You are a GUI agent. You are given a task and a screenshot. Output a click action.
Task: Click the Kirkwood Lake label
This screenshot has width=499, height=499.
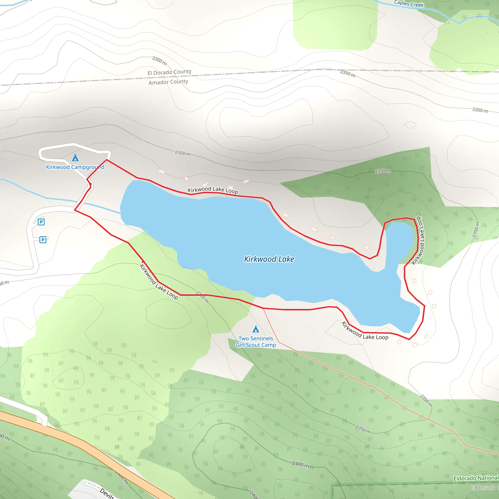269,259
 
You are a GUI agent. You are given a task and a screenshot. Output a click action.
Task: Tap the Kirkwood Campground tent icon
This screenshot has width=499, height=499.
75,158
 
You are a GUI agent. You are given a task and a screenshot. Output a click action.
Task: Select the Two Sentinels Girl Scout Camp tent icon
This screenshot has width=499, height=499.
256,329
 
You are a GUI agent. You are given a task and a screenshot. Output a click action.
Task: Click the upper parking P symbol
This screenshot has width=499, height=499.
41,222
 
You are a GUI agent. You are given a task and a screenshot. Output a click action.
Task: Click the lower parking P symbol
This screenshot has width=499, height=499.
43,240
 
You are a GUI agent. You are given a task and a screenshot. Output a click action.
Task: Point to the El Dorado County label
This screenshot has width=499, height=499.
169,72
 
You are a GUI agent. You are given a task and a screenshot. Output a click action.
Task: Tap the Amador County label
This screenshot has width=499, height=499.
168,82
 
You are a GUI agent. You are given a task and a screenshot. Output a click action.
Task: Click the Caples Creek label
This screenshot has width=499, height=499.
409,4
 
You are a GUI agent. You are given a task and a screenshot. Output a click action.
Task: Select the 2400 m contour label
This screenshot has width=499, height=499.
300,464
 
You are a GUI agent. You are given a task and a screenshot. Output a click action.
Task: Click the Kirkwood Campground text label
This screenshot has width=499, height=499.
75,167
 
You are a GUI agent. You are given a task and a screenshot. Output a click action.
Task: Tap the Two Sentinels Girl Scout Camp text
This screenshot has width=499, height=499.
256,341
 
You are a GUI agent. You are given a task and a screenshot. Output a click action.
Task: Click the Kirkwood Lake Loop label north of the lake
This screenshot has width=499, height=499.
212,190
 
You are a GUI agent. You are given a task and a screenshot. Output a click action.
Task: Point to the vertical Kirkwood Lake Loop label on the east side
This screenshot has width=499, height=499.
420,240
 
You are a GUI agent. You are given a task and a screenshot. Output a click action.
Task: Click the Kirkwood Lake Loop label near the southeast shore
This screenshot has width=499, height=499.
365,332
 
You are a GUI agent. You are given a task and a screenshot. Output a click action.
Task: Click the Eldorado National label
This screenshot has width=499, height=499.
476,478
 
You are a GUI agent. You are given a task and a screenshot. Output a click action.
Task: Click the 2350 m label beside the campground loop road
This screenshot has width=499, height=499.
182,153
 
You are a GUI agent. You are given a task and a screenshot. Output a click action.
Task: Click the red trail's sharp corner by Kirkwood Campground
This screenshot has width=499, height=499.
107,160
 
